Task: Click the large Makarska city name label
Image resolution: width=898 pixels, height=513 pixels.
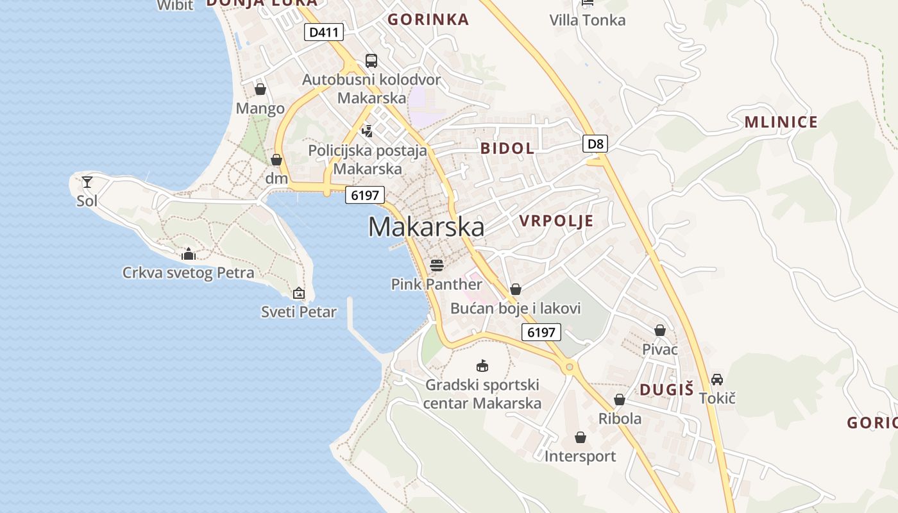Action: click(426, 227)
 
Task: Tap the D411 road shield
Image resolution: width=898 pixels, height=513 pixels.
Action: click(324, 32)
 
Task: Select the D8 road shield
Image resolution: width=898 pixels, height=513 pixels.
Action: click(595, 143)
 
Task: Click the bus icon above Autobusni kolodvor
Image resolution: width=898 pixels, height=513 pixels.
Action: click(371, 61)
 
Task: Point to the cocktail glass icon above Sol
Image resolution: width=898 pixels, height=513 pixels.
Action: click(87, 182)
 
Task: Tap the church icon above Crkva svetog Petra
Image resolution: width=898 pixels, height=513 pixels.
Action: click(189, 254)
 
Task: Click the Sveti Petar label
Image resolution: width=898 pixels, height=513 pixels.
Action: click(299, 312)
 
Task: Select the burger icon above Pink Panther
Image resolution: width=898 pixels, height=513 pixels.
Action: click(437, 265)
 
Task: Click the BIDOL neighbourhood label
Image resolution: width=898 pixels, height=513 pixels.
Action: click(507, 148)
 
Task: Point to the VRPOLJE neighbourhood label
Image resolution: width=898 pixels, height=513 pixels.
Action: click(556, 221)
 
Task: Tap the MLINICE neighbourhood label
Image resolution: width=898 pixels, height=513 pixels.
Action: click(781, 122)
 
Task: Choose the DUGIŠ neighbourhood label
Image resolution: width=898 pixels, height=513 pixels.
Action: click(667, 389)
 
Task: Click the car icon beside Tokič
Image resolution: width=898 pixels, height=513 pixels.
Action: click(717, 380)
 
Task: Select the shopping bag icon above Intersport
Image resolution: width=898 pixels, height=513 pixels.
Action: click(580, 437)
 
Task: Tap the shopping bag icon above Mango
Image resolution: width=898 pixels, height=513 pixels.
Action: click(260, 89)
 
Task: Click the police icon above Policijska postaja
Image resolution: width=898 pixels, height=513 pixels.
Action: click(368, 131)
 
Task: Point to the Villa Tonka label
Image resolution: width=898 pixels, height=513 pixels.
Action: click(587, 20)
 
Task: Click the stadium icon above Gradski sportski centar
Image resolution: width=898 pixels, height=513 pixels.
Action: click(482, 366)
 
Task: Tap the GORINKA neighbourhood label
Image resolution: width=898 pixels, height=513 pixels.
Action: click(428, 19)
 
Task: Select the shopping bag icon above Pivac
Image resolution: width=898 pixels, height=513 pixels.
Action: click(660, 330)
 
